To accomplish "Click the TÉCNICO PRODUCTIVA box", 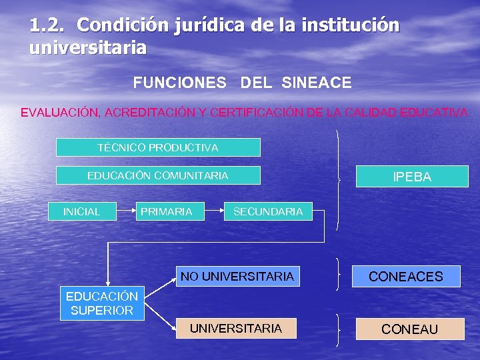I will [158, 147].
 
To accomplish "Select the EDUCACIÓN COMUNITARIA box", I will [158, 175].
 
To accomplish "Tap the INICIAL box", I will [81, 211].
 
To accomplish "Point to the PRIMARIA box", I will [166, 211].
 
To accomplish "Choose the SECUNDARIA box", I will [268, 211].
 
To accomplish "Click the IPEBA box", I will [411, 177].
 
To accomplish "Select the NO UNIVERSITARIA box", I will [237, 276].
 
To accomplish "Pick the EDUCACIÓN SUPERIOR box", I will [102, 303].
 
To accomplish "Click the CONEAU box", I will [409, 329].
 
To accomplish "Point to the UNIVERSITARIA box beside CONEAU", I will [236, 328].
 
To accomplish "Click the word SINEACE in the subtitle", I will [316, 83].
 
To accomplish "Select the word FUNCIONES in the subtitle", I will [179, 83].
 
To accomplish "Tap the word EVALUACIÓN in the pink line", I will [59, 112].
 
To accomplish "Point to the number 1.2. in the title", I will [48, 25].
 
